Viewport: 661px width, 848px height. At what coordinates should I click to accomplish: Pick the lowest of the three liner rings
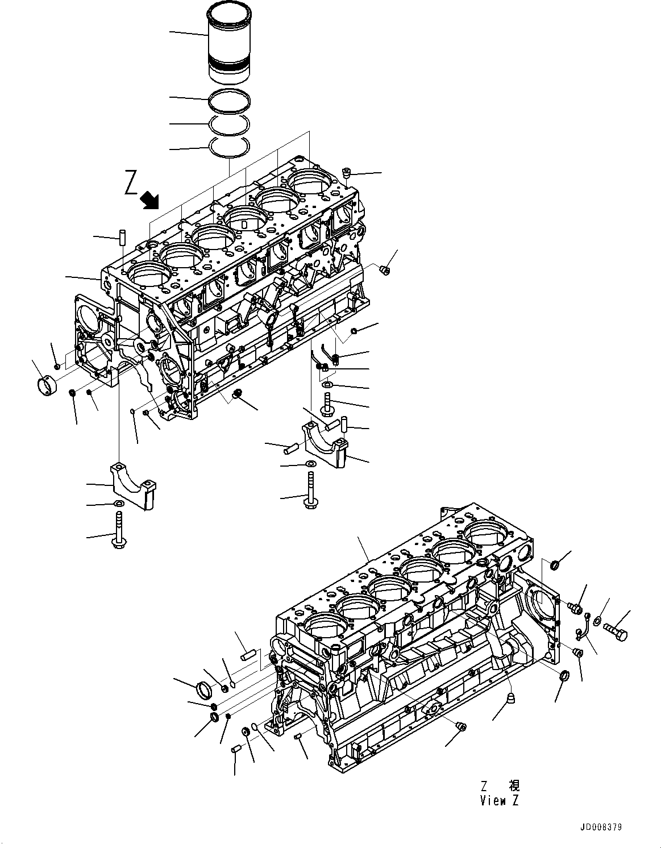[228, 147]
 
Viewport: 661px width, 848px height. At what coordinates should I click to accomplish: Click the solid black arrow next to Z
[151, 199]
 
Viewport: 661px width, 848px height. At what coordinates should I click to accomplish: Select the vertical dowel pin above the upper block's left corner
[122, 237]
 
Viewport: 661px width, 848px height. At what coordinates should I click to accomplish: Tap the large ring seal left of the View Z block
[204, 691]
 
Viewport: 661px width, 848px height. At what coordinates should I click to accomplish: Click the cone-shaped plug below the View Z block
[511, 697]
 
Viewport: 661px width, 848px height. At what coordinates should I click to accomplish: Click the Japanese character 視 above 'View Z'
[513, 786]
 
